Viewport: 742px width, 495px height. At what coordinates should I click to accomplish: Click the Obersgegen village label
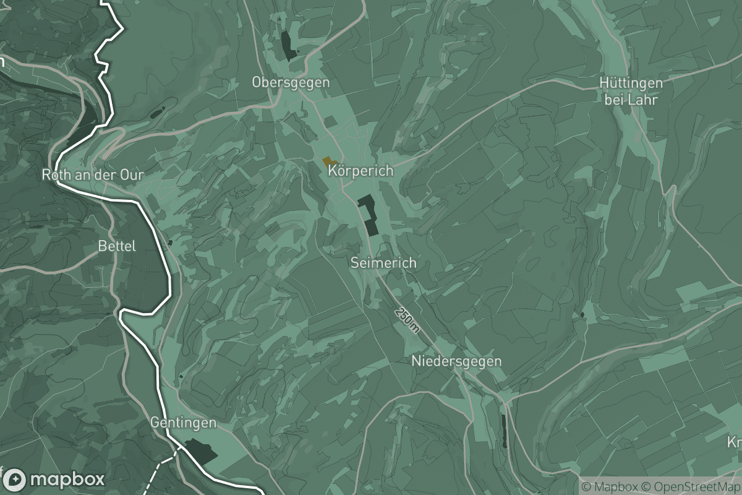(x=291, y=82)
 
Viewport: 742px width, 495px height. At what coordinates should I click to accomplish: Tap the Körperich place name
(x=361, y=171)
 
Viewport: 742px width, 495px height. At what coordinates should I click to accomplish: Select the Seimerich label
(x=383, y=263)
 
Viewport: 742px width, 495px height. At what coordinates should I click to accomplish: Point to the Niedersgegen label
(x=457, y=361)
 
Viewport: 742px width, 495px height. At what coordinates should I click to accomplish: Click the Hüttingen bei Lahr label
(x=631, y=91)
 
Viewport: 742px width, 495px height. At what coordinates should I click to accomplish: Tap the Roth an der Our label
(x=93, y=175)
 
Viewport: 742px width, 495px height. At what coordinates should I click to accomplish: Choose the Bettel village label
(x=117, y=246)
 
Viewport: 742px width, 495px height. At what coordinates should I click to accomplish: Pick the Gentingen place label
(x=184, y=423)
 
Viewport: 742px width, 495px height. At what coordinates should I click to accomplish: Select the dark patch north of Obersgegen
(x=288, y=45)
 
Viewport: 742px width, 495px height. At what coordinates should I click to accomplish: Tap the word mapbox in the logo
(x=67, y=480)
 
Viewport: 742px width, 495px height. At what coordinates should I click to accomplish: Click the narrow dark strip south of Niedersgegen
(x=504, y=431)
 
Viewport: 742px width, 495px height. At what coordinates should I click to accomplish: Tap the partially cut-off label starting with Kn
(x=735, y=442)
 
